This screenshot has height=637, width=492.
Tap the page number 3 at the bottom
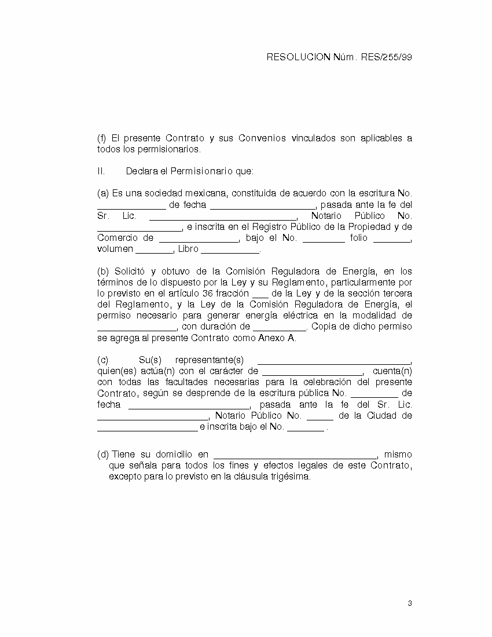[x=410, y=604]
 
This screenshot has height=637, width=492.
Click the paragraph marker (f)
[x=101, y=138]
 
